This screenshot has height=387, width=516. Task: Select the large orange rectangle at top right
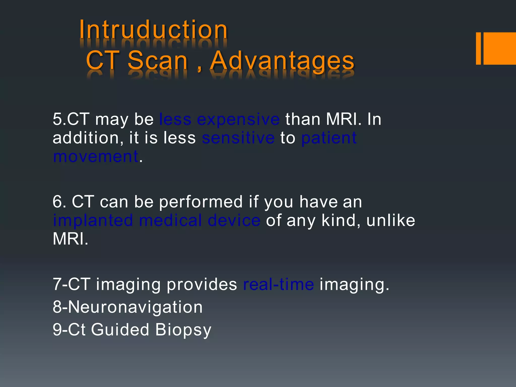(500, 48)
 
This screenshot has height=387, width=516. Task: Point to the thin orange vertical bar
(478, 48)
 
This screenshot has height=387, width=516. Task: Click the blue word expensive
(238, 119)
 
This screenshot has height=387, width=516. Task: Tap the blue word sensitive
(238, 138)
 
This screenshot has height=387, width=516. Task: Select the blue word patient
(329, 138)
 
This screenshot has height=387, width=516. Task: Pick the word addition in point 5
(86, 138)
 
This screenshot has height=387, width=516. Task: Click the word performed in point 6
(201, 202)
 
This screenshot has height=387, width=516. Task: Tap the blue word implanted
(93, 220)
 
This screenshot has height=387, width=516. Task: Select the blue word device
(234, 220)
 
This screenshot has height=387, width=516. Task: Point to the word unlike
(391, 220)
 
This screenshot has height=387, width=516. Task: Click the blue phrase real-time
(278, 284)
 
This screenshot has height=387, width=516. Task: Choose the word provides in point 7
(202, 284)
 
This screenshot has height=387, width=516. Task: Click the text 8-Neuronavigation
(127, 307)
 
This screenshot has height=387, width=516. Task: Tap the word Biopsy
(183, 330)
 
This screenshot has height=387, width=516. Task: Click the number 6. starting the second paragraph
(59, 202)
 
